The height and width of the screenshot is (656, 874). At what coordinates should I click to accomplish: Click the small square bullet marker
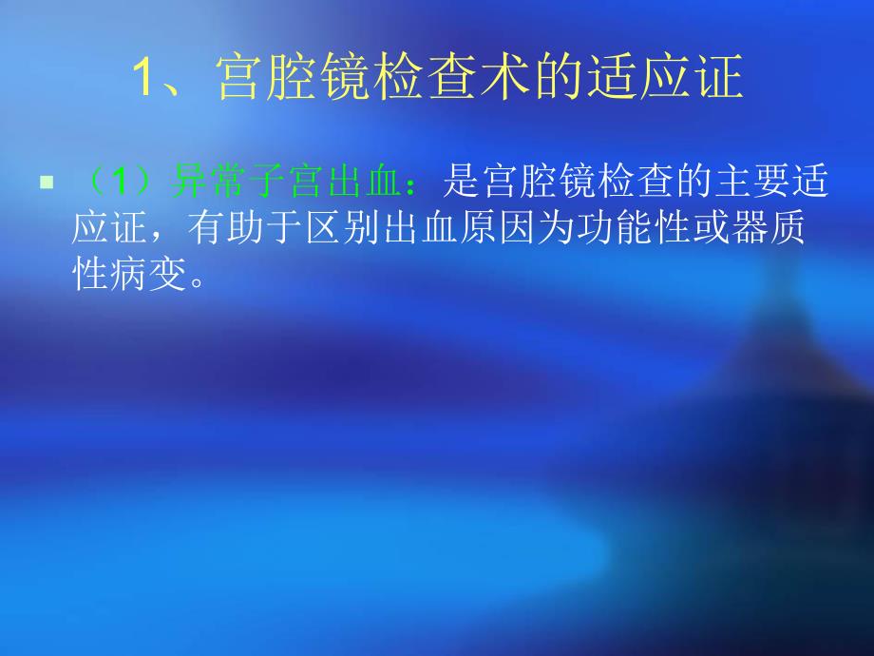click(x=44, y=179)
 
